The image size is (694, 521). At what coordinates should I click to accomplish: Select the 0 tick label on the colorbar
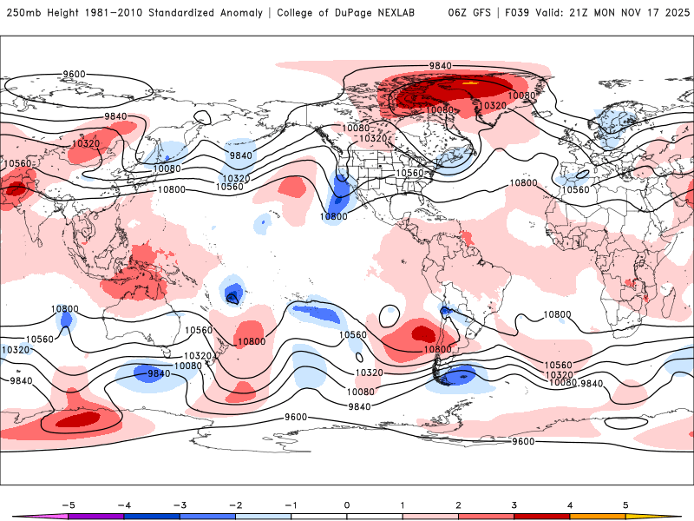click(x=347, y=504)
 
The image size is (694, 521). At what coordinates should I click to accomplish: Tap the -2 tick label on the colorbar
click(x=235, y=504)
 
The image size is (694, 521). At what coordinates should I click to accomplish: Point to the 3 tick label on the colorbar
click(x=514, y=504)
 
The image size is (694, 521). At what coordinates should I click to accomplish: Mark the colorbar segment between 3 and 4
click(x=542, y=516)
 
